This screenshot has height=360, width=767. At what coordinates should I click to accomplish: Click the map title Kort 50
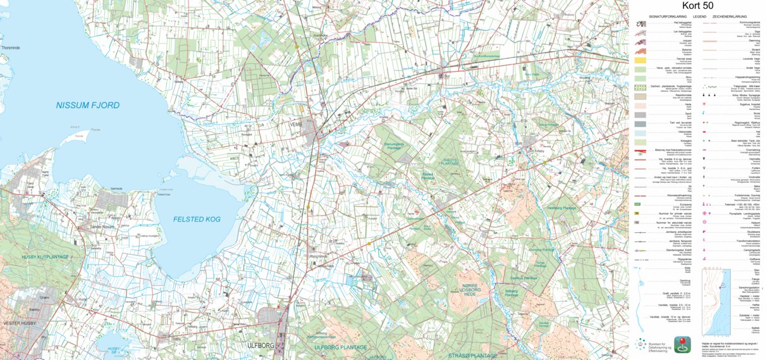[697, 6]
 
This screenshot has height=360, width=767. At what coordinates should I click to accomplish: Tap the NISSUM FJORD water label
[87, 105]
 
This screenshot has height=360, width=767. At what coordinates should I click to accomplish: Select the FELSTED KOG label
[197, 219]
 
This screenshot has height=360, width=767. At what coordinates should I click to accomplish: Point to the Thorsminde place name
[11, 47]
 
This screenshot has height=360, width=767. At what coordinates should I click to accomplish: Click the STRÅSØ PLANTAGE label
[473, 356]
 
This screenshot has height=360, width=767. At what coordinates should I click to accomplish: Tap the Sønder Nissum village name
[104, 227]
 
